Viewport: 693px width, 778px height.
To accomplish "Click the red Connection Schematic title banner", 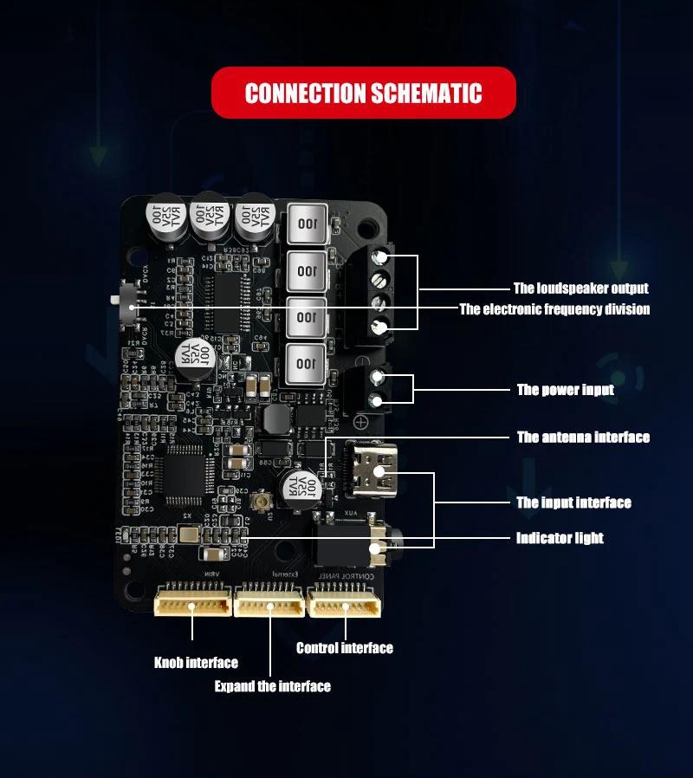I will coord(363,93).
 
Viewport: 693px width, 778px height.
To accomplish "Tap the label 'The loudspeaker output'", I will coord(580,289).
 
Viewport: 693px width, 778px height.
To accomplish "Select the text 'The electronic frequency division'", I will coord(554,309).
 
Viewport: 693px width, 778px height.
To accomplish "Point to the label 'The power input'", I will coord(566,390).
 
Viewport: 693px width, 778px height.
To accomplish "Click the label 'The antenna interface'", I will coord(583,438).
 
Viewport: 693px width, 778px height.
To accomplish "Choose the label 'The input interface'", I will coord(573,502).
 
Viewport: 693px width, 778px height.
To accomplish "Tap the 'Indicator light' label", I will coord(560,538).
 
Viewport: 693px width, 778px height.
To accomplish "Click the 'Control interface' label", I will coord(344,648).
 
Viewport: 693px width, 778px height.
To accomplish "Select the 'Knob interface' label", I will coord(196,663).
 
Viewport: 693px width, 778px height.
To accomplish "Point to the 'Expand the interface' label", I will coord(273,686).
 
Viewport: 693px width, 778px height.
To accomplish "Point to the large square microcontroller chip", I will coord(184,471).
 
